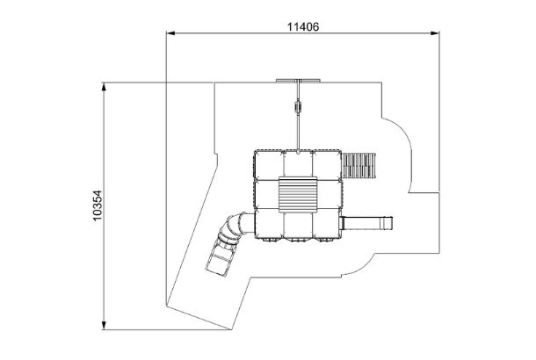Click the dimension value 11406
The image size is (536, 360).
(x=303, y=26)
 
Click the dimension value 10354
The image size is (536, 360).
(x=98, y=205)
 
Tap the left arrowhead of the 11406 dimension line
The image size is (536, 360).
(x=170, y=33)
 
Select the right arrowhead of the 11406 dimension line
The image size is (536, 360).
(x=435, y=33)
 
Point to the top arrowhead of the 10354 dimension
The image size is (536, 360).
(x=104, y=87)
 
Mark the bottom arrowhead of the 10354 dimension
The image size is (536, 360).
(x=104, y=325)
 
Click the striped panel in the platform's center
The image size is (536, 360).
(x=298, y=195)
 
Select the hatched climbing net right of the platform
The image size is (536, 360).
(x=359, y=166)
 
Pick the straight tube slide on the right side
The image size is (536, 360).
(x=366, y=223)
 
